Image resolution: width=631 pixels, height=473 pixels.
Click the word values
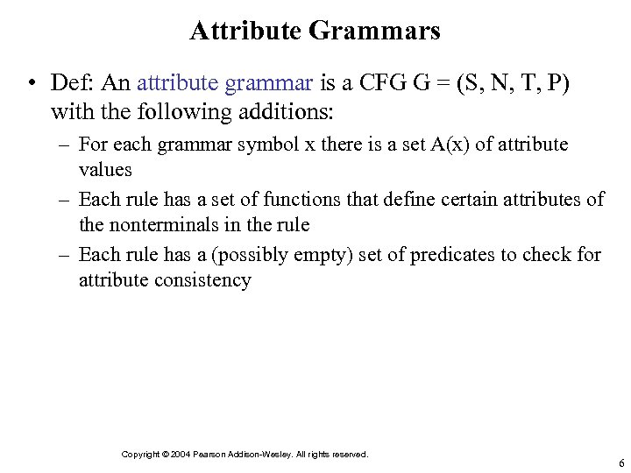coord(105,169)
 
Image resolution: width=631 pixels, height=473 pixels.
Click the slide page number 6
coord(620,463)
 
